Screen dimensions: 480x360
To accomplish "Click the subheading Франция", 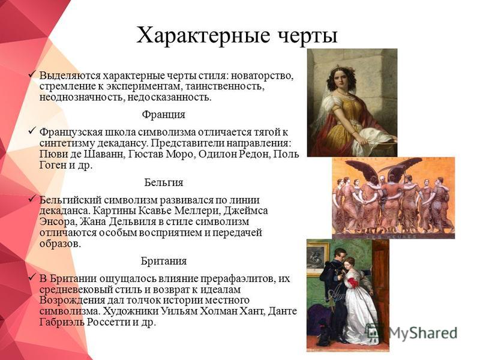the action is [163, 115].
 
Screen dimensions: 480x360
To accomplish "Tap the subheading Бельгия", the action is [164, 182].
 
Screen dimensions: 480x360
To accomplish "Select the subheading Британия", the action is [164, 261].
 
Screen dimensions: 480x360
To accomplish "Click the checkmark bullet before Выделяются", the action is [32, 74].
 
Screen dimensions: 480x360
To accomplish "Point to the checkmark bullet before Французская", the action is [32, 131].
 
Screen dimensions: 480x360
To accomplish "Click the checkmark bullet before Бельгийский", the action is [32, 199].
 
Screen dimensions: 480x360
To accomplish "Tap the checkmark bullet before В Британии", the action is [32, 278].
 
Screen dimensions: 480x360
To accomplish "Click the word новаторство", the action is [263, 76].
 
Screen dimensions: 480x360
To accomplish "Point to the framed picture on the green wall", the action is [317, 259].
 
